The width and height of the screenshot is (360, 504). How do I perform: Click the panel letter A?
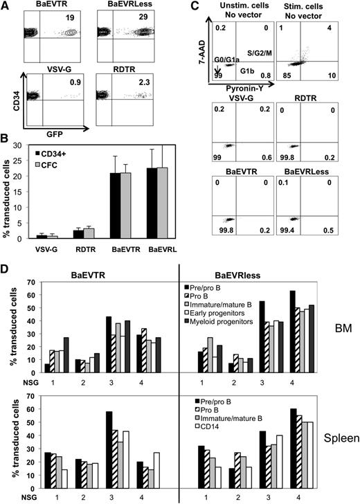tap(6, 6)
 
